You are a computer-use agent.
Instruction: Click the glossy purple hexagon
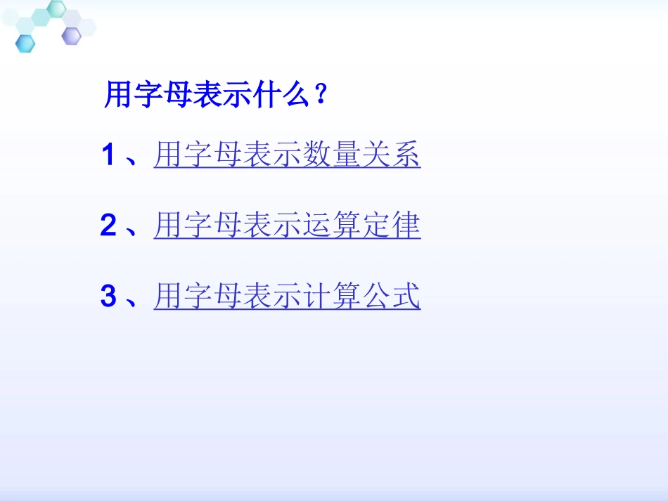71,35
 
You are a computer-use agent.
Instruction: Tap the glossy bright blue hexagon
25,43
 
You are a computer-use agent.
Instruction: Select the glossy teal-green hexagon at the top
56,8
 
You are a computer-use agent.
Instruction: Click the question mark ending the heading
321,94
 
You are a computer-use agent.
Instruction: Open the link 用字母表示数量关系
287,155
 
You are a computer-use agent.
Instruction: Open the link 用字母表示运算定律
287,226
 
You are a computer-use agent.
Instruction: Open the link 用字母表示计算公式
287,296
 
